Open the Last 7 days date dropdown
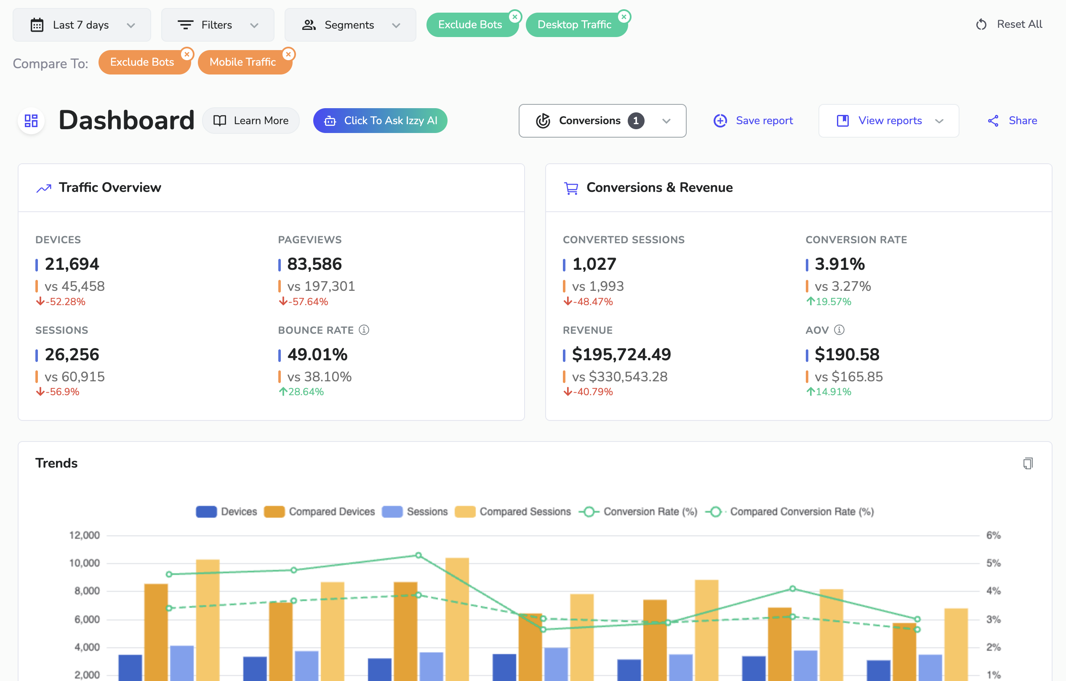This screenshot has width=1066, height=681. click(82, 25)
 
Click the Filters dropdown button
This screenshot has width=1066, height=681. click(217, 25)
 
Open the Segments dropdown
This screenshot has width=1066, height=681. click(350, 25)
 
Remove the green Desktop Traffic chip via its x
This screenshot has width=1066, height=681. click(624, 17)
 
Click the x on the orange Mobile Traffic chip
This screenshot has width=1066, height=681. click(289, 54)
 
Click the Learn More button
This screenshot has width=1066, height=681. click(251, 120)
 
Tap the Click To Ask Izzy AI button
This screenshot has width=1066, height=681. click(380, 120)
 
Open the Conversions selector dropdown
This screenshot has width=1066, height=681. click(602, 120)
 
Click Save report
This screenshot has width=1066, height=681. click(753, 120)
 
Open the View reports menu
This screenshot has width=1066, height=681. click(889, 120)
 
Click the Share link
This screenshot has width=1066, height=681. click(1013, 120)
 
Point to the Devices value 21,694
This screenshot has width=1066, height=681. click(72, 264)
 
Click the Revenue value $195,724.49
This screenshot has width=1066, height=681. click(621, 354)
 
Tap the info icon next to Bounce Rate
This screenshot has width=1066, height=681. click(364, 330)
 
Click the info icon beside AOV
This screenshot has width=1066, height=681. click(839, 330)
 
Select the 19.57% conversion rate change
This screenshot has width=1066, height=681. click(829, 301)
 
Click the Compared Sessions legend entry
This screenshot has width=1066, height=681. click(514, 511)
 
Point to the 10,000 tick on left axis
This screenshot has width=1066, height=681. click(85, 563)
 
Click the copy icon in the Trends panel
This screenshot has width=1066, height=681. click(1028, 463)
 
